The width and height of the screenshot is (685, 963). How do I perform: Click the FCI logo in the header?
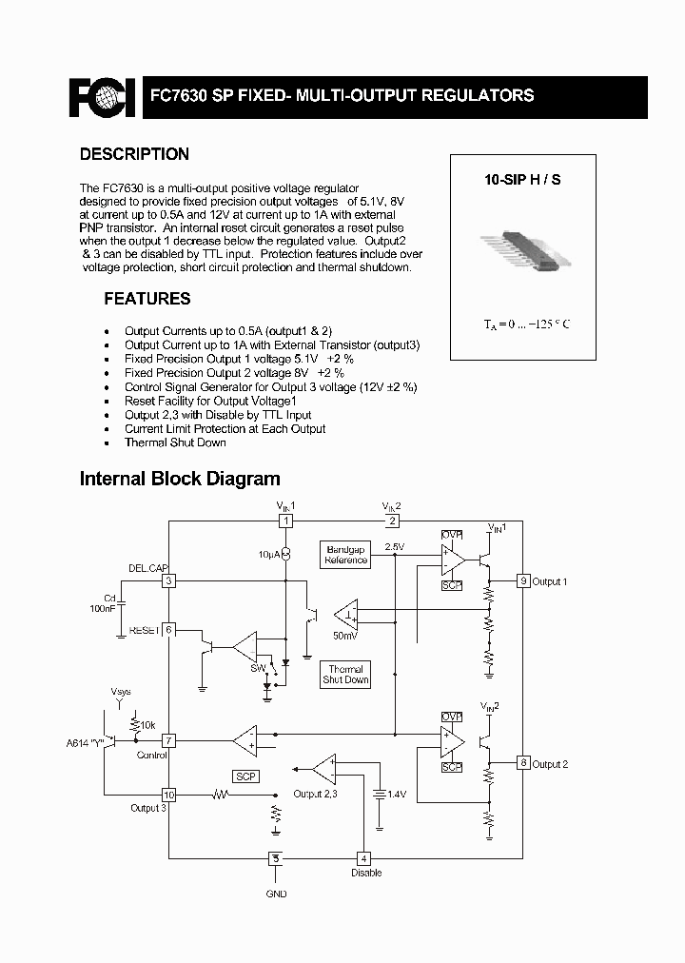click(x=103, y=96)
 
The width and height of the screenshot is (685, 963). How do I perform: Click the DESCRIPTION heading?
click(x=134, y=154)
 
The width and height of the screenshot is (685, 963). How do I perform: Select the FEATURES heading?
click(x=147, y=299)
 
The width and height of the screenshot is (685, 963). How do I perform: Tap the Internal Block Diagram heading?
click(x=180, y=480)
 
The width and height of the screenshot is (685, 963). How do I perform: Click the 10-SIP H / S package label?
click(x=522, y=179)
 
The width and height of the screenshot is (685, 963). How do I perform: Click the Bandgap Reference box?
click(x=346, y=555)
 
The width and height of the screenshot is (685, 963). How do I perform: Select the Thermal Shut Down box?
click(x=345, y=675)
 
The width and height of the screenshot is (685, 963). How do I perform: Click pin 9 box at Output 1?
click(x=522, y=580)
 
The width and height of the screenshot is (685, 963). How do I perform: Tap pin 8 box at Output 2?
click(x=522, y=762)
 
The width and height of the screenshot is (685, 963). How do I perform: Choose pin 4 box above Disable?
click(x=363, y=857)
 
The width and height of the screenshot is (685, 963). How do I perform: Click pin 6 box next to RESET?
click(x=168, y=630)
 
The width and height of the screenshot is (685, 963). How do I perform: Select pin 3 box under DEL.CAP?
click(x=168, y=580)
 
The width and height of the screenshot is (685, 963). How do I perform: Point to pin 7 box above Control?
click(x=168, y=740)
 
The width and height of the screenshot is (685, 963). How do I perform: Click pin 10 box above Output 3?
click(x=168, y=795)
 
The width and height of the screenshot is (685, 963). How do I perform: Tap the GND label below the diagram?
click(x=276, y=894)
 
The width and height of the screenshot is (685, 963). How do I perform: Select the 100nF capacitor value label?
click(x=103, y=606)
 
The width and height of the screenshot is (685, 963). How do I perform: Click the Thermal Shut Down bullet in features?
click(x=175, y=442)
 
